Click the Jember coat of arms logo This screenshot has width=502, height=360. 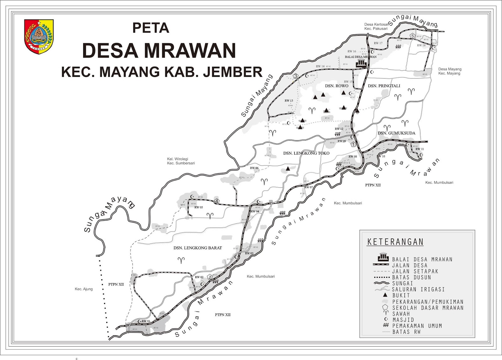pos(39,36)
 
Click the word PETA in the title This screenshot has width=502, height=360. pos(151,28)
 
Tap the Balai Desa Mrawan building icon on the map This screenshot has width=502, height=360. pos(360,64)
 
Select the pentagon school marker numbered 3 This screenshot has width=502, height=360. pos(295,76)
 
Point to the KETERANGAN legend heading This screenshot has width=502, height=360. pos(395,242)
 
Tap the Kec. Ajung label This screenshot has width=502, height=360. pos(84,289)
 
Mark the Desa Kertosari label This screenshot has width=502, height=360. pos(376,24)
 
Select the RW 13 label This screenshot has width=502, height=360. pos(289,101)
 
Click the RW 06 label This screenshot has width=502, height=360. pos(254,168)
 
